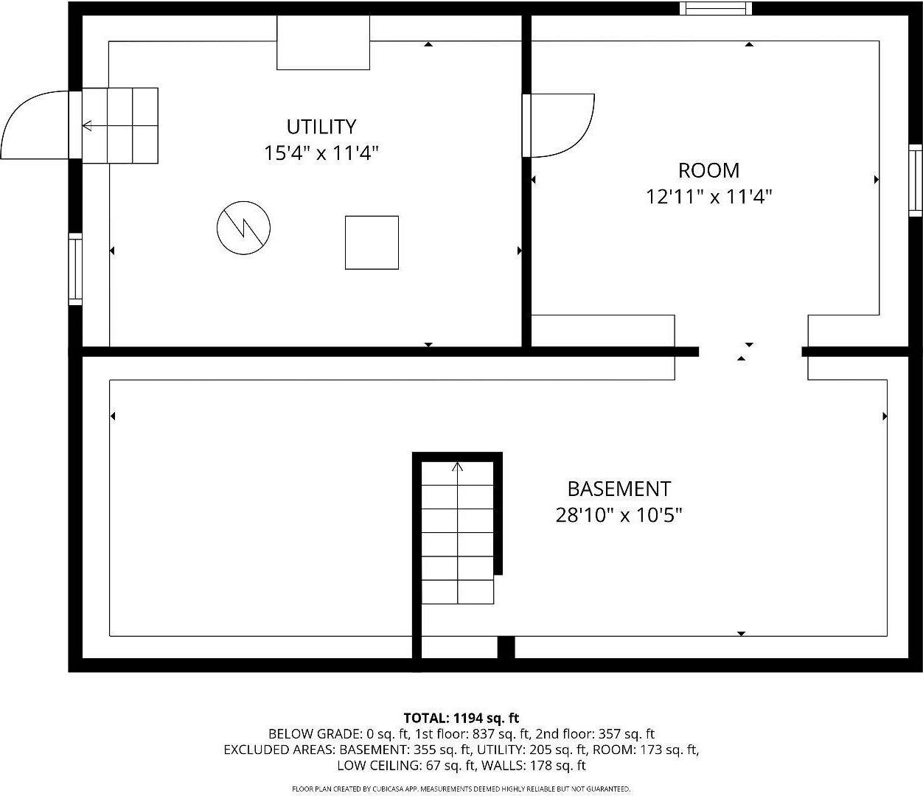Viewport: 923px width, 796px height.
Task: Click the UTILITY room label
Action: coord(321,126)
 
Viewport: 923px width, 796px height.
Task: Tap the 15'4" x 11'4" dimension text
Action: coord(321,153)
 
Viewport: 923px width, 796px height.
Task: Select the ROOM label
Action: coord(708,170)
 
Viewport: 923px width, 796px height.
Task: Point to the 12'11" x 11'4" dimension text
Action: coord(708,197)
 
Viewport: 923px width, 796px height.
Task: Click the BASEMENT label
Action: coord(619,489)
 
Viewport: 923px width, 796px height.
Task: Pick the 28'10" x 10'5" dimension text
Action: coord(619,515)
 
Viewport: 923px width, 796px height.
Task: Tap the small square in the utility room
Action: coord(372,242)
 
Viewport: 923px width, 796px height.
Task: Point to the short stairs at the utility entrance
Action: coord(119,125)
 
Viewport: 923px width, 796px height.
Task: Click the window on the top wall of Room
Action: coord(715,8)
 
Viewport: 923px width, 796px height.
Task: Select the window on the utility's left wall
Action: coord(75,269)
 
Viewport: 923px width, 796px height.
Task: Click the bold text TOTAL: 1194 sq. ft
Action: coord(461,718)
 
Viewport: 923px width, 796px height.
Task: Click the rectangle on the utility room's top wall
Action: coord(323,43)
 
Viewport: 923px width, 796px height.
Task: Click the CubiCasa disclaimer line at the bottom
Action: coord(461,789)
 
